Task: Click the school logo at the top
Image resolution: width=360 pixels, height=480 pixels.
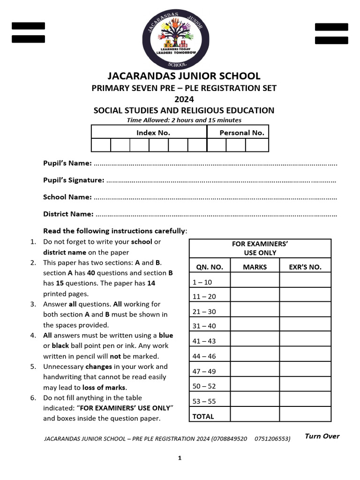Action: click(x=180, y=42)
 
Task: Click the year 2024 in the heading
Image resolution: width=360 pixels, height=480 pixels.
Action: click(x=184, y=99)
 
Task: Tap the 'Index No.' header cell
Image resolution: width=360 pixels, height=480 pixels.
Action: click(x=153, y=133)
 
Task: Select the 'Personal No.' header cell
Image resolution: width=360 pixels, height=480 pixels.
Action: click(x=242, y=133)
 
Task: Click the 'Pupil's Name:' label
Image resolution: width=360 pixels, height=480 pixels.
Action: click(x=67, y=163)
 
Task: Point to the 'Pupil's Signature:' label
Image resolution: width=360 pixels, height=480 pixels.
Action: click(x=74, y=180)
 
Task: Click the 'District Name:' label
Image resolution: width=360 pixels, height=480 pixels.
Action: click(x=68, y=214)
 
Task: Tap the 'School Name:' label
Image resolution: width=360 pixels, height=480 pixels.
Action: click(x=67, y=197)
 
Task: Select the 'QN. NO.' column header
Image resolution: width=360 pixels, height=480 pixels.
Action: click(x=210, y=267)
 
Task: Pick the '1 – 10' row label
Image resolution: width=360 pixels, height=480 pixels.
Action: click(x=202, y=282)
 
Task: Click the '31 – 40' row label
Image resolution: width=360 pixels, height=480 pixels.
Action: click(x=204, y=326)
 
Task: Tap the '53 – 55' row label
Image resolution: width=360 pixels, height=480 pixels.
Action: click(x=204, y=401)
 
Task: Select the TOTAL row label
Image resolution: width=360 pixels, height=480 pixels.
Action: click(x=203, y=416)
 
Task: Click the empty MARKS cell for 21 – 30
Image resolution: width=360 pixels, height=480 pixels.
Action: click(x=255, y=311)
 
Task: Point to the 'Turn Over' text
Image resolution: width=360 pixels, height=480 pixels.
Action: click(x=322, y=436)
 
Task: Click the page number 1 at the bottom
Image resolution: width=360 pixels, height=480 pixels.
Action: click(x=180, y=458)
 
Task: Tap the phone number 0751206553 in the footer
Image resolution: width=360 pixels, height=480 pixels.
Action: click(x=272, y=439)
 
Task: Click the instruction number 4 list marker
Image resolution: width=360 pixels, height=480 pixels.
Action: click(x=33, y=335)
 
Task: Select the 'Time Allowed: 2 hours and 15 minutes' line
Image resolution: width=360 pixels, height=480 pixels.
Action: click(x=184, y=120)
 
